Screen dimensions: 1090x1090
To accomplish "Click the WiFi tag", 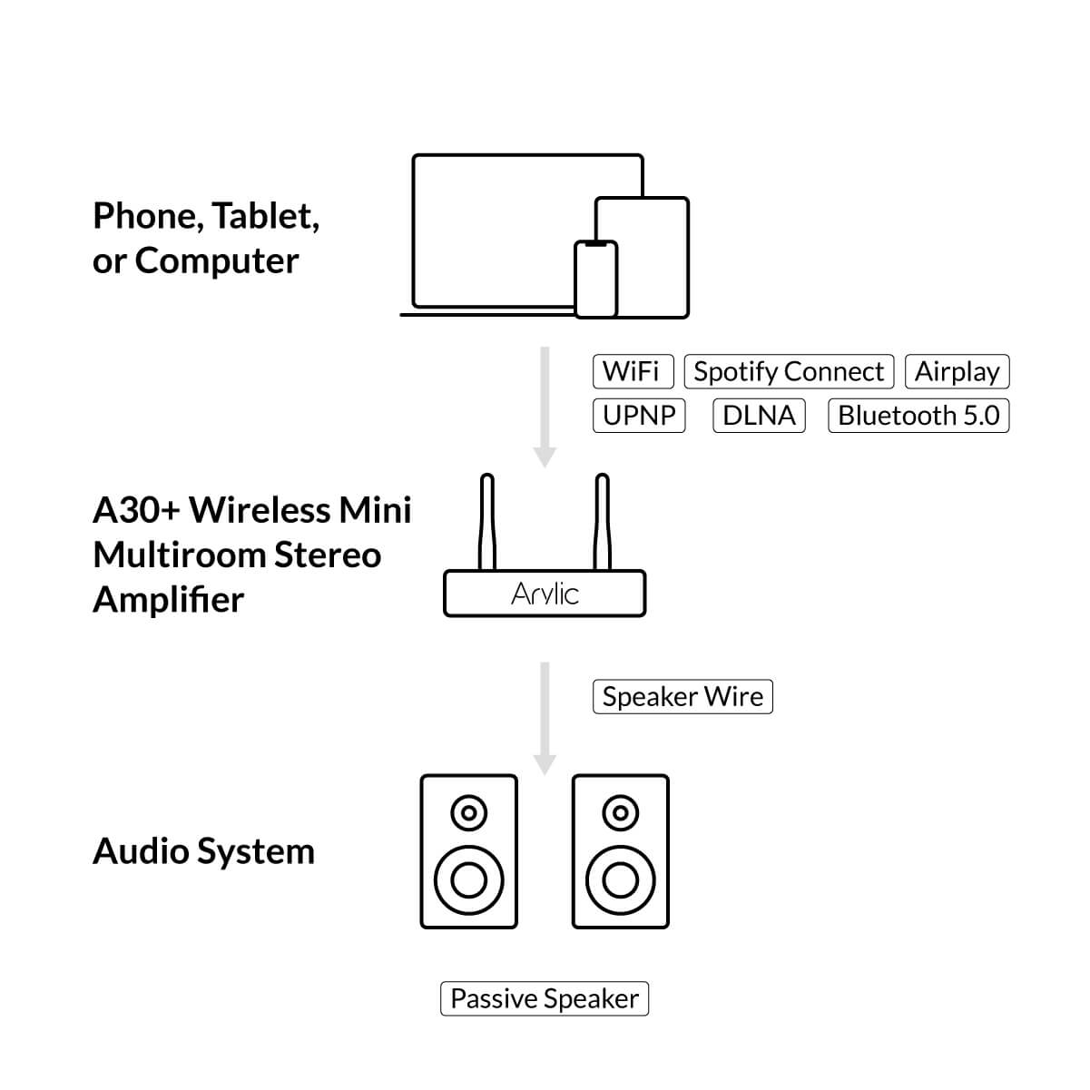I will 633,371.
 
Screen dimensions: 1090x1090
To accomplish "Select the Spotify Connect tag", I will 788,371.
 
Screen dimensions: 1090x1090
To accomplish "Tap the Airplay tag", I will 957,371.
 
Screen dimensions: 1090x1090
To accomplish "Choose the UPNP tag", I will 639,416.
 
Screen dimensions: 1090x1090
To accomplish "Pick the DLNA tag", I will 759,416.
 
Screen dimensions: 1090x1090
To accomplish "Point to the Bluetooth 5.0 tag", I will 918,416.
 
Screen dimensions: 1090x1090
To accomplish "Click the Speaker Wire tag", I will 682,697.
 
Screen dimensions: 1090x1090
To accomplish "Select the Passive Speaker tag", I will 545,999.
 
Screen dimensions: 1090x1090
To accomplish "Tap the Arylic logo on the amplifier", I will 545,594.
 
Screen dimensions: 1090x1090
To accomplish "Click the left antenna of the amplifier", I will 487,522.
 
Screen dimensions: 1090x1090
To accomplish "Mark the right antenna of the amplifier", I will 601,522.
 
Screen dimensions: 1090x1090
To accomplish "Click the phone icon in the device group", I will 596,280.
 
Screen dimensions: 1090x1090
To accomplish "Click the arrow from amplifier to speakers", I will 545,718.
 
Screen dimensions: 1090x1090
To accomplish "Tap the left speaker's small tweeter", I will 468,812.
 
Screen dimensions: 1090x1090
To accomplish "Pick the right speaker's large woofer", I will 621,879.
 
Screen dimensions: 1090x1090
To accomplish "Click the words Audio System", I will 203,852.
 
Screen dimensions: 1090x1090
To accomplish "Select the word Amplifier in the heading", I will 169,600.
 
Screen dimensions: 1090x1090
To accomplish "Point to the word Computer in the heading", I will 216,261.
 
